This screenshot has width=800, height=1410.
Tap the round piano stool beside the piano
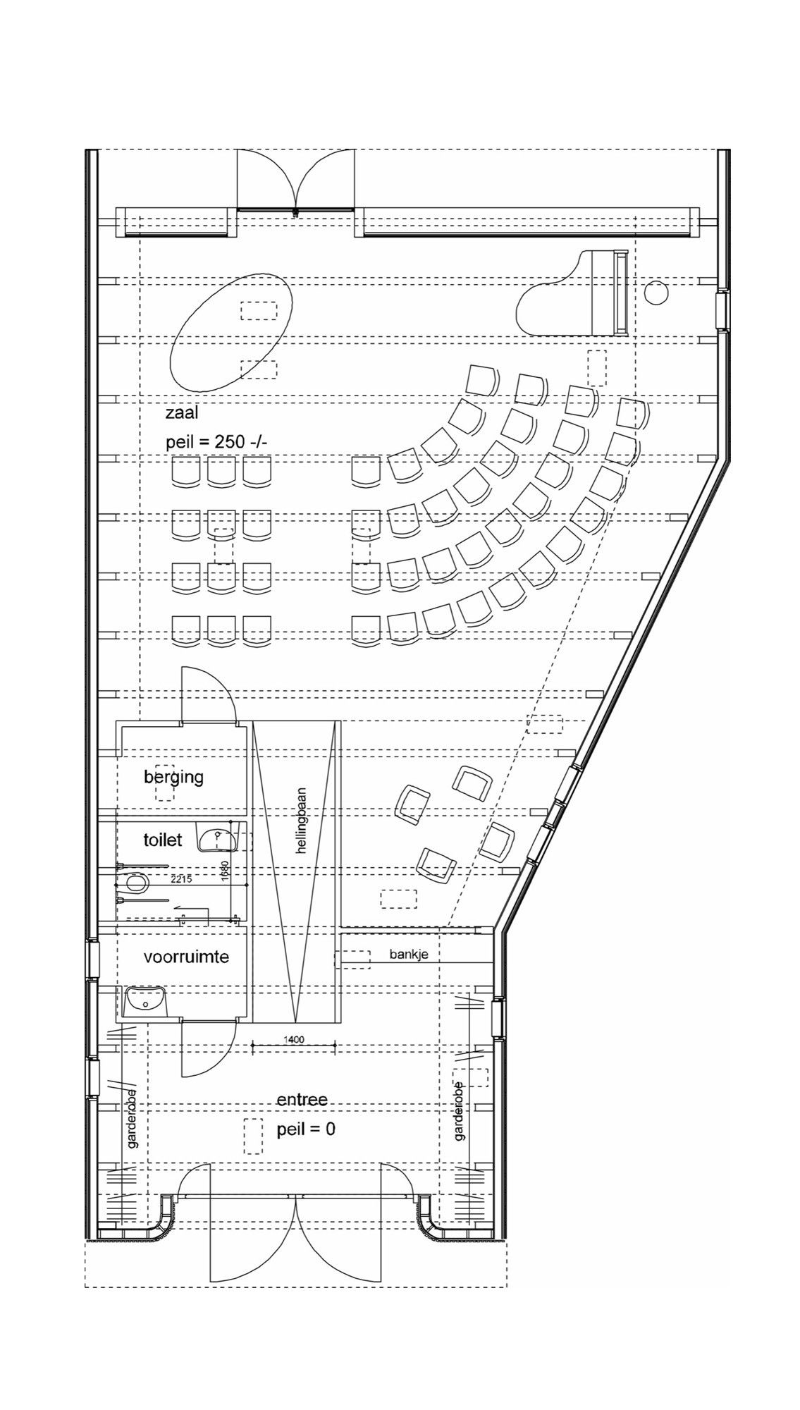coord(656,293)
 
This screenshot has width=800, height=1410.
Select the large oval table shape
coord(232,331)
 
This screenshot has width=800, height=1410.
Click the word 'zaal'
coord(182,413)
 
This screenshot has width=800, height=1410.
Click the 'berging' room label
coord(173,777)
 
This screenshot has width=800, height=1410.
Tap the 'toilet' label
coord(163,840)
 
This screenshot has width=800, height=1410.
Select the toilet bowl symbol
coord(134,882)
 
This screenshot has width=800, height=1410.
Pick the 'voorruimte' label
coord(186,957)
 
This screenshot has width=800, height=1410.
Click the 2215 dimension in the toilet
coord(181,878)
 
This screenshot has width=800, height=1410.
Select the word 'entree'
coord(302,1101)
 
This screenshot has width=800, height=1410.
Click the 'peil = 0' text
coord(306,1129)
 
